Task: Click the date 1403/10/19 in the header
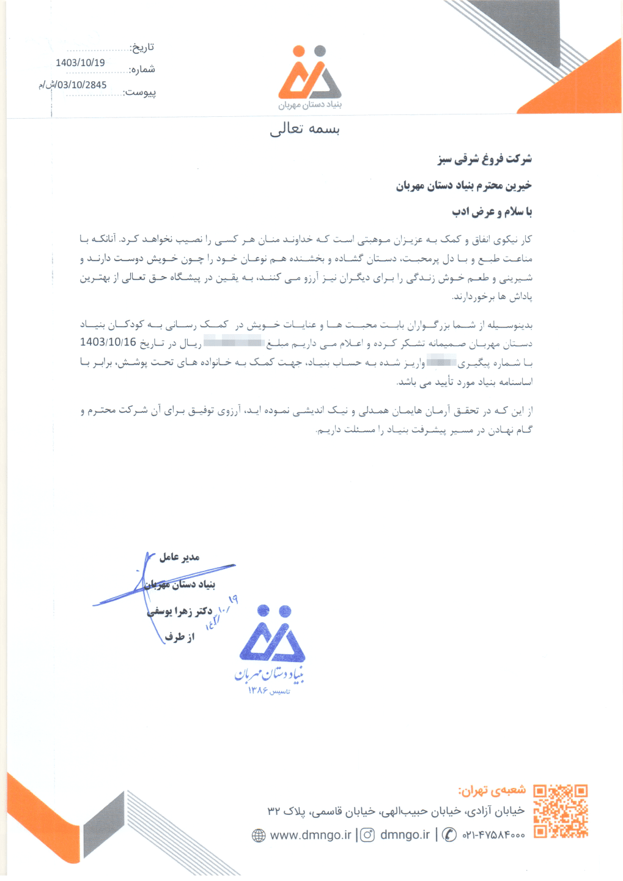80,63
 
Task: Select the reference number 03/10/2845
77,85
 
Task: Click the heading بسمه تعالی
304,129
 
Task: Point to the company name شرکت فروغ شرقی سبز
485,159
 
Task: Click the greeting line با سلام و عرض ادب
492,212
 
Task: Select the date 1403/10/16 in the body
108,342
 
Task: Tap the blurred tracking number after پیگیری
441,362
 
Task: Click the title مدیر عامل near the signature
179,557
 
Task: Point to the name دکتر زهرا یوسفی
181,611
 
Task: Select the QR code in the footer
560,811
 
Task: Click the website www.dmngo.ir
311,835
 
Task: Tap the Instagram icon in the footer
367,835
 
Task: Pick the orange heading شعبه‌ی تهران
492,790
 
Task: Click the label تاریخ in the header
142,48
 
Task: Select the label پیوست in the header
140,92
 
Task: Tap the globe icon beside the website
259,835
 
